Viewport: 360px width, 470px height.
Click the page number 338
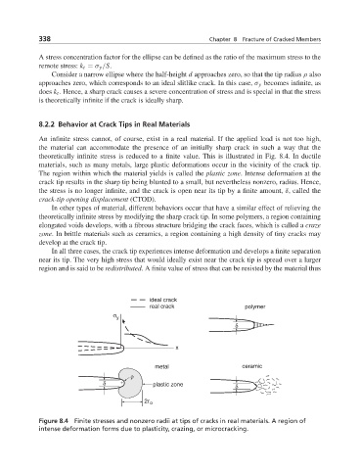point(45,39)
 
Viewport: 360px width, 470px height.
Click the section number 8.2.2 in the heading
point(47,124)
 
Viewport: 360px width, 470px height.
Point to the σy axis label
point(115,316)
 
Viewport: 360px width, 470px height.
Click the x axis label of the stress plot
point(177,348)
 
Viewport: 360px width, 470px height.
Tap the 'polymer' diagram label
point(254,306)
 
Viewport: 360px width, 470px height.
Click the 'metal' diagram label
point(161,366)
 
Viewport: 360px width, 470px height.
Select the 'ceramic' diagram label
point(252,366)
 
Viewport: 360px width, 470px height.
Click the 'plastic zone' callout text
point(168,385)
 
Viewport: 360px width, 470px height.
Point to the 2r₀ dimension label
point(149,401)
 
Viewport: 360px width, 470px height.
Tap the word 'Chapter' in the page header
point(219,39)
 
